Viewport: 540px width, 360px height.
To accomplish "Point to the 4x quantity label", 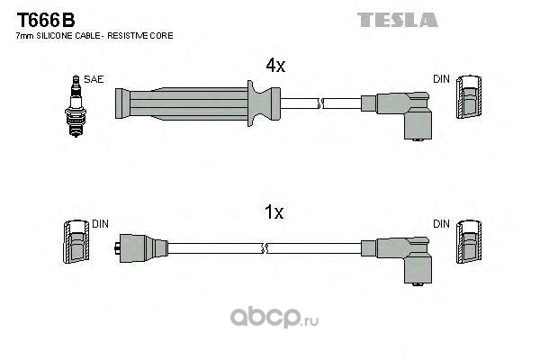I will click(275, 66).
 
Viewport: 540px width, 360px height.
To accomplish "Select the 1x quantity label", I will click(274, 213).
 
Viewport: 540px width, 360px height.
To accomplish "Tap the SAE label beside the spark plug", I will click(93, 79).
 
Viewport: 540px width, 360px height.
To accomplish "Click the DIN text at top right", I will click(441, 79).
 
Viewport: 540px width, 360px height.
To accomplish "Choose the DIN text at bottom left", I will click(100, 222).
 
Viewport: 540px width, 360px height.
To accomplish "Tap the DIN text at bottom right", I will click(441, 222).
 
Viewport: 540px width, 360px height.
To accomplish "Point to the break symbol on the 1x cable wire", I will click(264, 247).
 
